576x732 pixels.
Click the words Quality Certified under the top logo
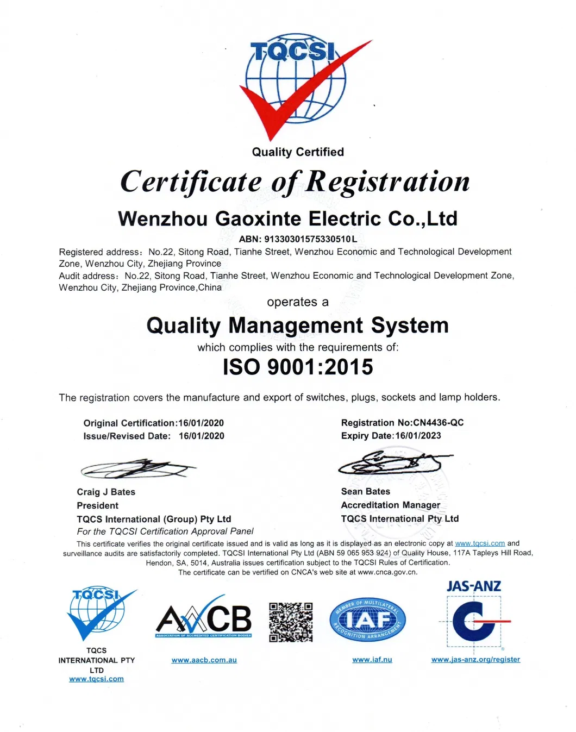(x=298, y=152)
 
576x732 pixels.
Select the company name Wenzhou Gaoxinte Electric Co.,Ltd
(x=287, y=218)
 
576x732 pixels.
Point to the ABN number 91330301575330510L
(x=310, y=239)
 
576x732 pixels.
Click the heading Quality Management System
(x=297, y=326)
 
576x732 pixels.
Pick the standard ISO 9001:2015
(x=298, y=367)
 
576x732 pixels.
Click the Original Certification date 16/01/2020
(x=201, y=423)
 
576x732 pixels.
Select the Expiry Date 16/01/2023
(x=418, y=436)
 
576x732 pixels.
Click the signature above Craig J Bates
(x=138, y=468)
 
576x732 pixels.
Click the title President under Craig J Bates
(x=98, y=505)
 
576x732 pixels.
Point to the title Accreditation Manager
(x=391, y=505)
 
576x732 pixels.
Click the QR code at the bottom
(x=291, y=622)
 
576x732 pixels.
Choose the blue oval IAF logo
(x=368, y=621)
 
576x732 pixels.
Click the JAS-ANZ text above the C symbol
(x=474, y=586)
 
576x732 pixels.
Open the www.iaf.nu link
(x=372, y=660)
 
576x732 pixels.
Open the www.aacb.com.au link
(x=204, y=660)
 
